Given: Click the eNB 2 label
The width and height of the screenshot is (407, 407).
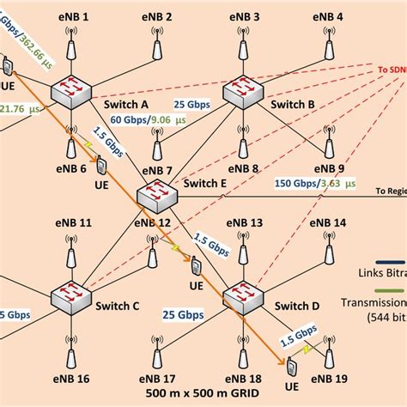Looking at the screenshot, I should coord(156,16).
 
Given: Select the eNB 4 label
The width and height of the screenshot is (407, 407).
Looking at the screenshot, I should coord(327,16).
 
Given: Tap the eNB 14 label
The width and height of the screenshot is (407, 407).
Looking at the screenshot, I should coord(328,222).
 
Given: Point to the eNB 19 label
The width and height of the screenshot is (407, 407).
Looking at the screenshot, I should coord(331,378).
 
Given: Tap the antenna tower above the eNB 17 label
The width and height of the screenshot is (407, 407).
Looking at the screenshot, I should coord(157,353).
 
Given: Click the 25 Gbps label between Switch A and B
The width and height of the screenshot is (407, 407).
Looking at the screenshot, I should coord(191,105).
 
